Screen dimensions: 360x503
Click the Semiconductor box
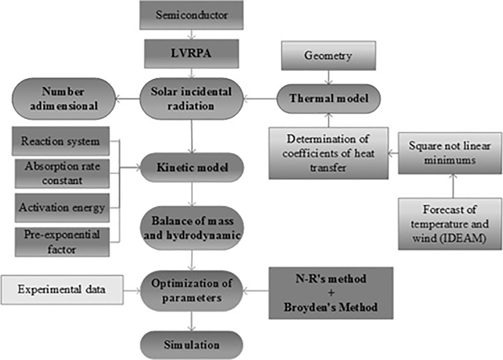(x=191, y=15)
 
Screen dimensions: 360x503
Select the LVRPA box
(x=191, y=54)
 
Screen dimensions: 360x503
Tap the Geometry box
(x=328, y=56)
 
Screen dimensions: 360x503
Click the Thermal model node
(x=329, y=98)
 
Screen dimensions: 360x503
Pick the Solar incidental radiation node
(x=191, y=99)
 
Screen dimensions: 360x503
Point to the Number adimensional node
(x=64, y=99)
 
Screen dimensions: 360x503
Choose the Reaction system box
(x=61, y=141)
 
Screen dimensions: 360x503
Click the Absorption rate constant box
(x=62, y=173)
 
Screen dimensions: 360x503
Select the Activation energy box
(x=62, y=208)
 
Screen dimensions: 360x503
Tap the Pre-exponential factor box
(x=62, y=242)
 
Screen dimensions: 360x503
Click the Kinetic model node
(x=192, y=167)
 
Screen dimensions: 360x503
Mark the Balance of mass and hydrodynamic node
(x=192, y=228)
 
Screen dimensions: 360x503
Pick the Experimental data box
(x=62, y=289)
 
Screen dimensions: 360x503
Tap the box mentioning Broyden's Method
(x=331, y=293)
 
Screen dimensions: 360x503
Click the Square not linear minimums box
(x=450, y=153)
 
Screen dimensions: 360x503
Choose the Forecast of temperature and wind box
(x=450, y=224)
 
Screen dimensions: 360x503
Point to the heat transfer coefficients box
(x=328, y=153)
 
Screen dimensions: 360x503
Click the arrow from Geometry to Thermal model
(x=329, y=77)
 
